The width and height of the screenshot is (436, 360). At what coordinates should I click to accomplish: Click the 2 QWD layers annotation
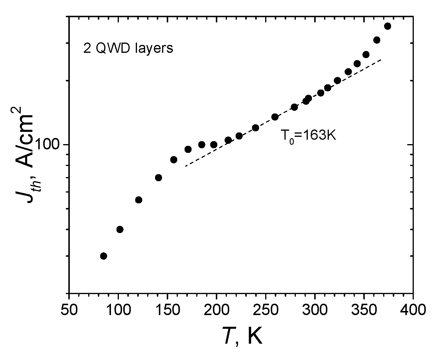[128, 48]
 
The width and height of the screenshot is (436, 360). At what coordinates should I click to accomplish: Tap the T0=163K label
[308, 136]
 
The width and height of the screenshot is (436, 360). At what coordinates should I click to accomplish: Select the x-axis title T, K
[242, 336]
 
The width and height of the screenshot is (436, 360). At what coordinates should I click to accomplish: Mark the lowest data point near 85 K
[103, 256]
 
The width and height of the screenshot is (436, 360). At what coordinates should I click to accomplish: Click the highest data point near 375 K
[388, 26]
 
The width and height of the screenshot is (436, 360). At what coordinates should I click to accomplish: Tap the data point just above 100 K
[120, 229]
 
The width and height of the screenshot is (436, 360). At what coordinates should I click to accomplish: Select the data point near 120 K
[139, 200]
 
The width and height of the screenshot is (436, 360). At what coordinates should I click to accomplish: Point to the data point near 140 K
[159, 178]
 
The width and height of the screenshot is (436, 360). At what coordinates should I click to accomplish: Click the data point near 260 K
[275, 117]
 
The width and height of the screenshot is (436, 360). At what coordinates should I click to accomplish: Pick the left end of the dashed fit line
[185, 166]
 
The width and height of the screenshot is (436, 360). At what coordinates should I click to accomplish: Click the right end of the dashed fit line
[381, 60]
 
